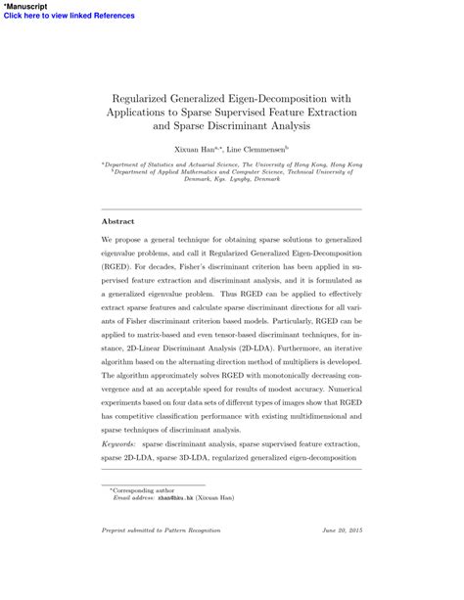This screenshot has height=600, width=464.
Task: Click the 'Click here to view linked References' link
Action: coord(56,16)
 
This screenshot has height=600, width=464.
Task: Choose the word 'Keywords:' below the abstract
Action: coord(121,443)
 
